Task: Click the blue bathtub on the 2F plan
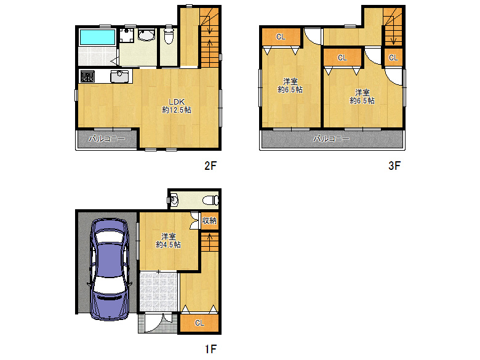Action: (97, 38)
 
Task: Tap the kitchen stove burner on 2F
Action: (87, 76)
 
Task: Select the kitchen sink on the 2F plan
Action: (119, 76)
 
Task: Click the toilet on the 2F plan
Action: (169, 35)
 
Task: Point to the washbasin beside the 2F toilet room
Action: (146, 34)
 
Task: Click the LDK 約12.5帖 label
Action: (177, 106)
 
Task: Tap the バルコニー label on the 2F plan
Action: (107, 139)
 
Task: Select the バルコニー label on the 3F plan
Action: (331, 139)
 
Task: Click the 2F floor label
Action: (210, 166)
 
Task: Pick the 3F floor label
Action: (394, 166)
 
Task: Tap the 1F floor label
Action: (210, 349)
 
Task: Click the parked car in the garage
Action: (109, 270)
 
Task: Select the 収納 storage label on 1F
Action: (209, 220)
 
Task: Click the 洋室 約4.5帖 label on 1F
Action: (169, 241)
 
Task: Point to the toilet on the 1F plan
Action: (210, 201)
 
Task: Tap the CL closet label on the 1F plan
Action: (199, 323)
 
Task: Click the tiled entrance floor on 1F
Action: (159, 291)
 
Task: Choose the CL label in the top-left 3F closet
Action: (281, 37)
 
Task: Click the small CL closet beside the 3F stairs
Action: (393, 58)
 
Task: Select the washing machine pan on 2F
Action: (126, 35)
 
